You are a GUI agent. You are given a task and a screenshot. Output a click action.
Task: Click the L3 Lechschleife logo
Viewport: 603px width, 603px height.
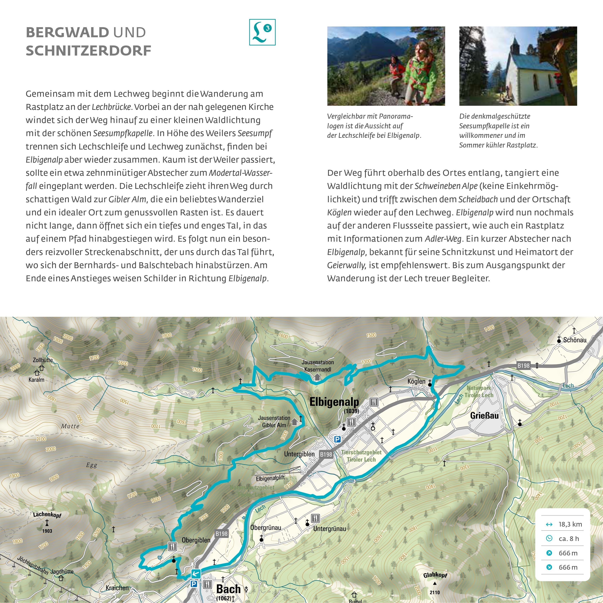(262, 32)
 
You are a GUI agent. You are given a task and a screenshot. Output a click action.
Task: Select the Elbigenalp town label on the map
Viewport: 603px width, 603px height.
(334, 402)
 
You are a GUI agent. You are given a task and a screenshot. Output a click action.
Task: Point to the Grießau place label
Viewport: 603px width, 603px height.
(484, 415)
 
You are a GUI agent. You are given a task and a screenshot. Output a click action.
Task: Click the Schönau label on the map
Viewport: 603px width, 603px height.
(575, 340)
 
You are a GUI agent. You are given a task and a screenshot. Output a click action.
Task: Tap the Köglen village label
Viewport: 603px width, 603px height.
(416, 381)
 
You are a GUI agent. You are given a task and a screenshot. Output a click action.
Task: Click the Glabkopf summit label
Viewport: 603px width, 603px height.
(435, 575)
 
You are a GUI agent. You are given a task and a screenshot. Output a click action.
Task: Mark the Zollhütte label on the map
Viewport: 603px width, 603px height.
(43, 360)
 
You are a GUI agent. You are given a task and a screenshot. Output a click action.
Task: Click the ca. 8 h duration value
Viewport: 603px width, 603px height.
(569, 539)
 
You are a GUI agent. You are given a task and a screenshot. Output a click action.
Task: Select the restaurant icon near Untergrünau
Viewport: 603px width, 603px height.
(315, 518)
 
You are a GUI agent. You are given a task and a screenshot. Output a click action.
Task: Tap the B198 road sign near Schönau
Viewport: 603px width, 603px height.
(523, 365)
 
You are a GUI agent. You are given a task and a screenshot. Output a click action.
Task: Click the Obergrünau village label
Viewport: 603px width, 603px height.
(266, 527)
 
